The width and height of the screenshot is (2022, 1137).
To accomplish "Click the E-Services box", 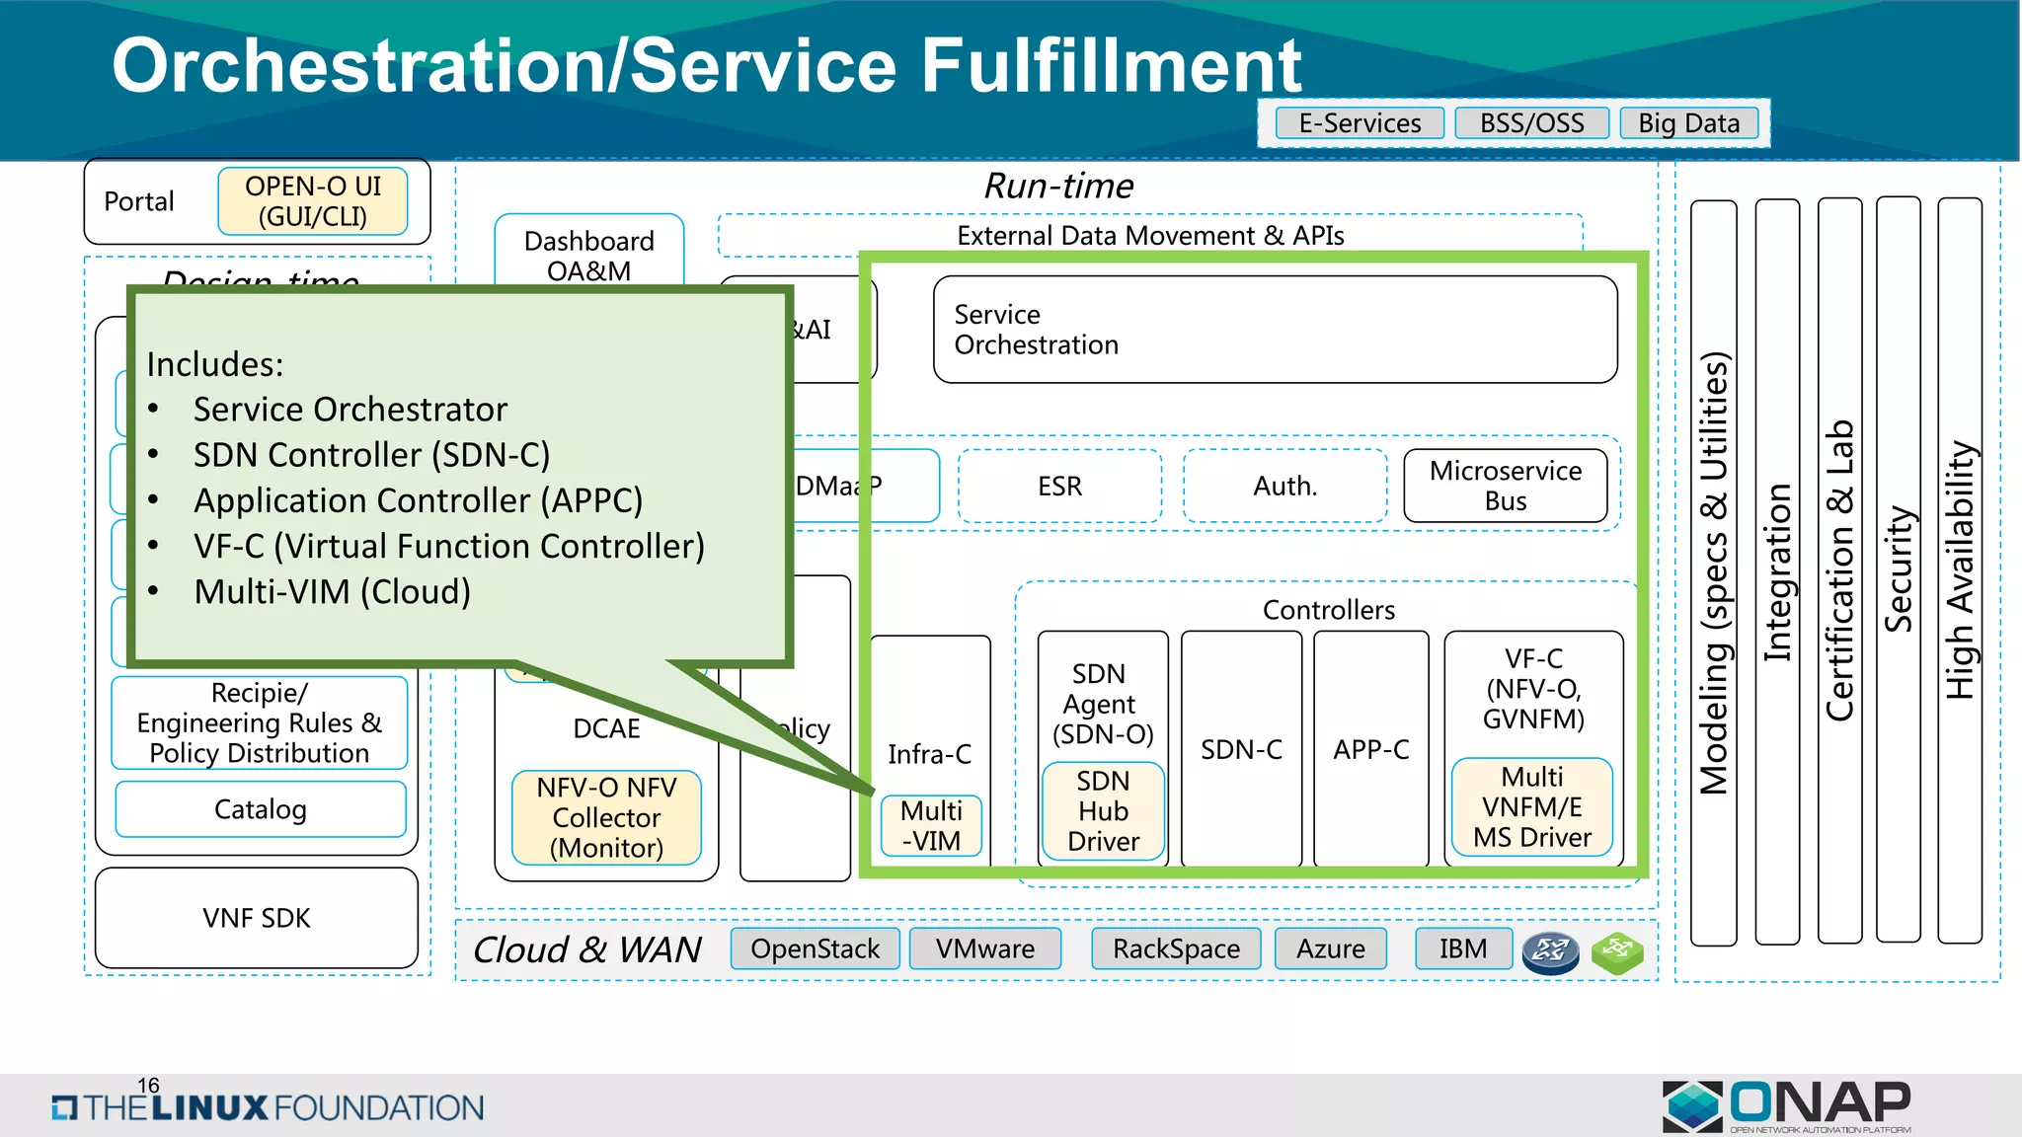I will point(1360,123).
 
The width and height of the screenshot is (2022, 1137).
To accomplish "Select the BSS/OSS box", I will point(1531,123).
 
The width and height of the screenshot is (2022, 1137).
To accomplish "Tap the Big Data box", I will point(1688,123).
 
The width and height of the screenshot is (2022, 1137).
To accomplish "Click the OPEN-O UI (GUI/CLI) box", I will point(313,201).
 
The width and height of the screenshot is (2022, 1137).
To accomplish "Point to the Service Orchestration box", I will point(1274,330).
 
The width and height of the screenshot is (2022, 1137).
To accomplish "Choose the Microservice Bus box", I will point(1505,486).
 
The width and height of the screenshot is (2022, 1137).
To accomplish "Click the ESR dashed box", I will point(1059,486).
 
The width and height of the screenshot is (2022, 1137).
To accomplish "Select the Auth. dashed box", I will point(1284,486).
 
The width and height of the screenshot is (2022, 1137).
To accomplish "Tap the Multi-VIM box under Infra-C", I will point(931,825).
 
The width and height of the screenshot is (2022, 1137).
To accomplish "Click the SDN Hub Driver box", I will point(1103,811).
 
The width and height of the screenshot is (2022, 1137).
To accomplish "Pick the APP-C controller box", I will point(1370,750).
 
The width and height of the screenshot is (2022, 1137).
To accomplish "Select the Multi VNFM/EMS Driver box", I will point(1531,807).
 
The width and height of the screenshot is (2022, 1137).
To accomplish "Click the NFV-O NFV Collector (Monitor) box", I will point(606,817).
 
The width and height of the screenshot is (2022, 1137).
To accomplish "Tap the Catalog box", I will point(261,809).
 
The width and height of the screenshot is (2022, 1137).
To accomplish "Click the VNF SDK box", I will point(257,918).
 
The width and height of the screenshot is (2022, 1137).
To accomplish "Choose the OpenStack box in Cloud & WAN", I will point(815,948).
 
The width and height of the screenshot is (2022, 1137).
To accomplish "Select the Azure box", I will point(1330,948).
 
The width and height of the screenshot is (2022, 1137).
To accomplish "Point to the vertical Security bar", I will point(1898,569).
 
